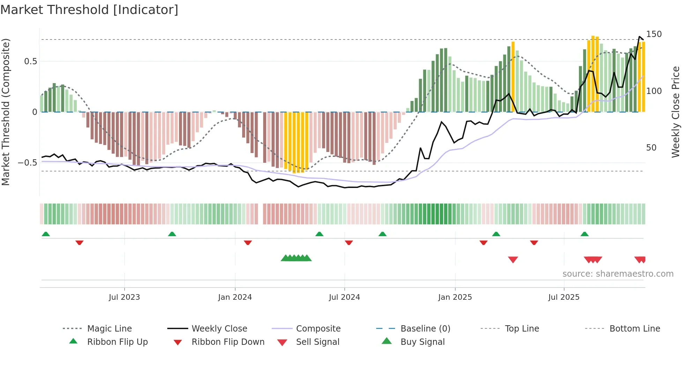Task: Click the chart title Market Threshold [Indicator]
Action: [89, 10]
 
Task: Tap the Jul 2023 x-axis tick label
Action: [124, 297]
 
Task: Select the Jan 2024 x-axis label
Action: [235, 297]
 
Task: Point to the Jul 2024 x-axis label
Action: [344, 297]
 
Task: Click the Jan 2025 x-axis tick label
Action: [455, 297]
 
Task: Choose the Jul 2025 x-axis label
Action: [564, 297]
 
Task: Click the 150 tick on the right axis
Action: [654, 34]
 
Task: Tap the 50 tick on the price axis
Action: [651, 148]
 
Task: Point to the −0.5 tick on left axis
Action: [28, 163]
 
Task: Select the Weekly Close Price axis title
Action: [676, 112]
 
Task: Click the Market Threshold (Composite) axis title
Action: [6, 112]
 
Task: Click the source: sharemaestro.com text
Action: [618, 274]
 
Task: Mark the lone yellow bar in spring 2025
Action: [513, 77]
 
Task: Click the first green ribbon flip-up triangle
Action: [46, 234]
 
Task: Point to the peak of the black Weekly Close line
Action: [640, 37]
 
